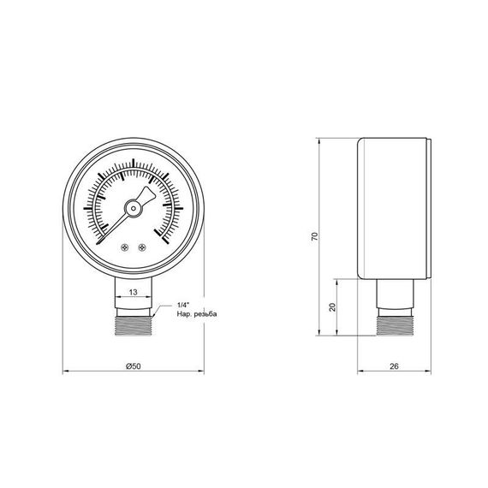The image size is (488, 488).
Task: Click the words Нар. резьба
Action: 197,316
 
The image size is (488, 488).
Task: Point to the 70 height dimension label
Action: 315,237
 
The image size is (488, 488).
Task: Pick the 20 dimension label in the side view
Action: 332,306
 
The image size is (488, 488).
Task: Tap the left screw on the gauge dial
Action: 126,248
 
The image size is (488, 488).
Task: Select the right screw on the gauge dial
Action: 141,248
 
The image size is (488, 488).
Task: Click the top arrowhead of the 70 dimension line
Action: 321,140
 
